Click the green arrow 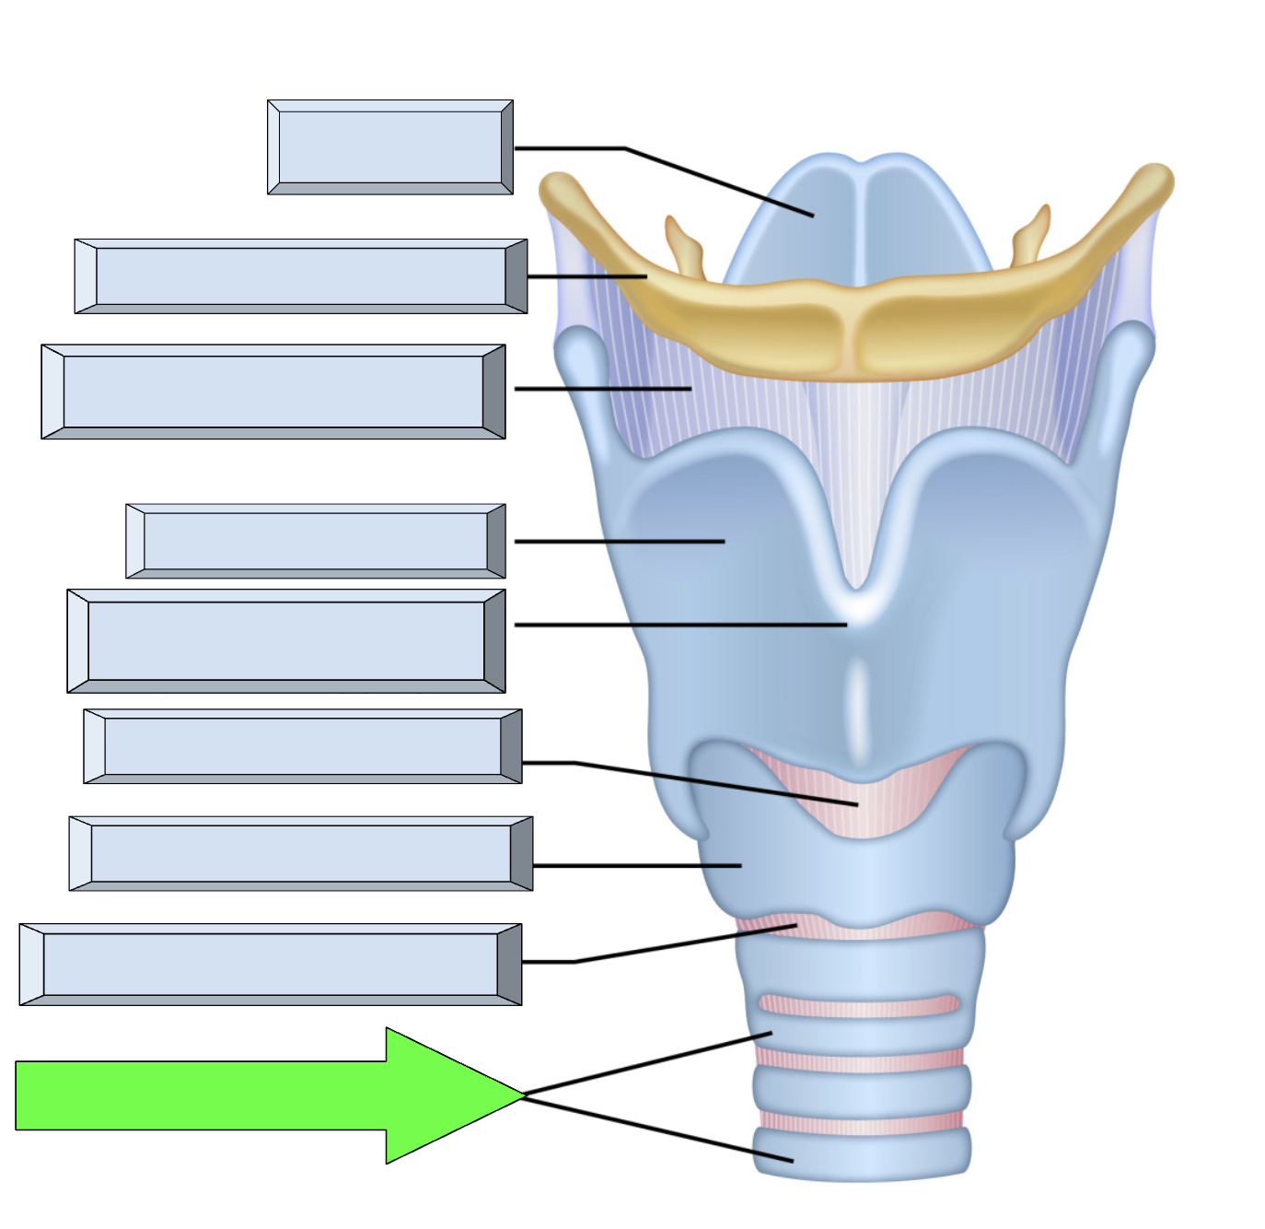pos(230,1095)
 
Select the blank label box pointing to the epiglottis pos(389,147)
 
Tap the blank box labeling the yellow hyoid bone pos(300,276)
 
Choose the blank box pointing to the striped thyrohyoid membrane pos(273,392)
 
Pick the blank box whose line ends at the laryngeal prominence pos(285,641)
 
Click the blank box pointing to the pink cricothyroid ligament pos(302,746)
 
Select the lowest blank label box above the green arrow pos(270,965)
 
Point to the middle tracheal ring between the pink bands pos(862,1092)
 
